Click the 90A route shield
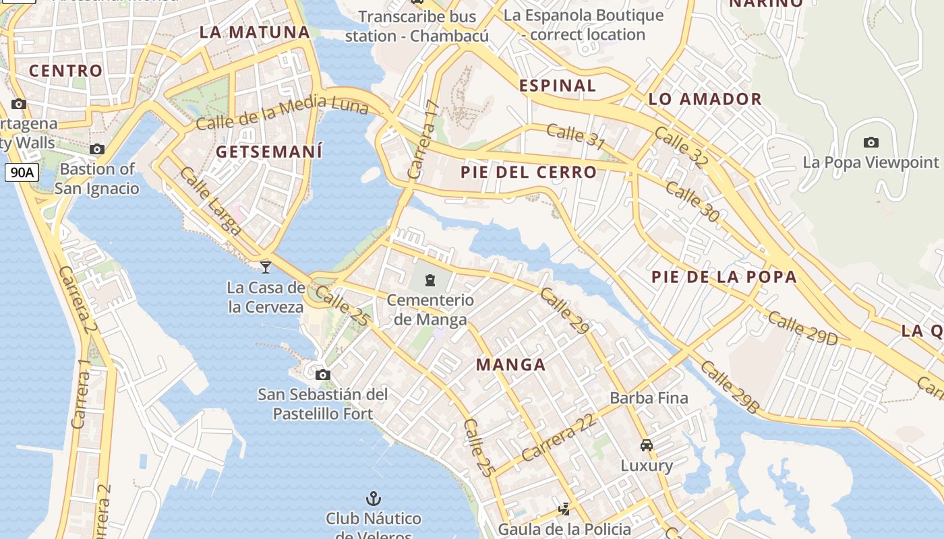tap(22, 172)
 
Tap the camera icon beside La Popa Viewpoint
tap(871, 142)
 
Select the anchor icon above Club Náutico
tap(373, 499)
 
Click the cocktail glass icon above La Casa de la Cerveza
tap(266, 267)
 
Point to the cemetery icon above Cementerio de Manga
tap(430, 280)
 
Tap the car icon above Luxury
tap(647, 445)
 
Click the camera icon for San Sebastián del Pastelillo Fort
tap(323, 375)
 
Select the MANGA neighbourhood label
tap(510, 364)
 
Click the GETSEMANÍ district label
tap(269, 152)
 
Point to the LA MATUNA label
tap(255, 32)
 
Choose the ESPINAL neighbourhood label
tap(558, 86)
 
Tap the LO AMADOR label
tap(705, 99)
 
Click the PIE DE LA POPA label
tap(724, 277)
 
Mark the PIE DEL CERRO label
tap(529, 172)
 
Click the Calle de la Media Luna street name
tap(283, 113)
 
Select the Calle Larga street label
tap(210, 200)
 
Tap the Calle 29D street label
tap(802, 328)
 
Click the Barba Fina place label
tap(649, 398)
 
